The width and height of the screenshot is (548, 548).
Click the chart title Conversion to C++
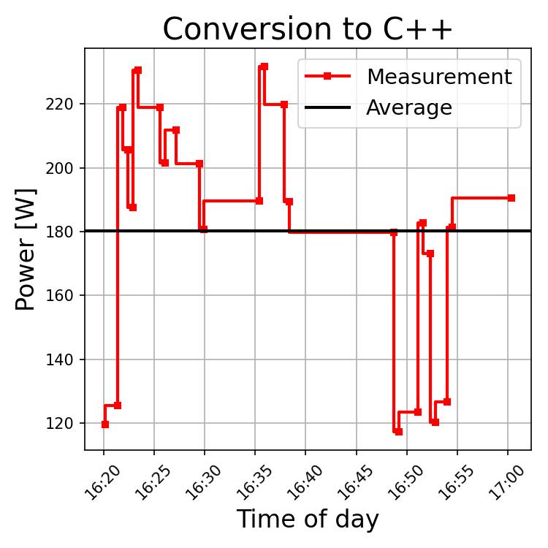pos(308,29)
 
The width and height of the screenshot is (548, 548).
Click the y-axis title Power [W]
pos(26,248)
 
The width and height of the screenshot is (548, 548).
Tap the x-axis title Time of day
pos(308,520)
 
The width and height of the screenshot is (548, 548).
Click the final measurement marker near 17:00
pos(511,198)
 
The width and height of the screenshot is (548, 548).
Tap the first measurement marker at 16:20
pos(105,425)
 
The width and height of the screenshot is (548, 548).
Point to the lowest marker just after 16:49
pos(399,432)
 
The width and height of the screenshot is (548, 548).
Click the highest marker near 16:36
pos(265,66)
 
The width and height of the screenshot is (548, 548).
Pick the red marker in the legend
pos(327,77)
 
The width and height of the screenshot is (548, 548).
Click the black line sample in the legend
pos(327,108)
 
